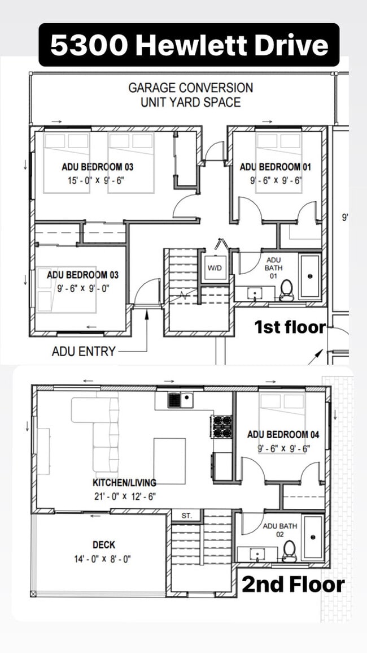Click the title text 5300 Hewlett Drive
pos(189,45)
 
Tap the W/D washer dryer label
pos(215,268)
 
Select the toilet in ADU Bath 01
pos(287,289)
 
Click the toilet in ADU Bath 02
pos(290,550)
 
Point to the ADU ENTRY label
pos(84,351)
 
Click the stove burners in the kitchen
pos(221,426)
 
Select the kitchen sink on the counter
pos(180,400)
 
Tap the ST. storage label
pos(187,516)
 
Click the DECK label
pos(104,544)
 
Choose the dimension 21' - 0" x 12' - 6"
pos(124,496)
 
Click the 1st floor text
pos(290,327)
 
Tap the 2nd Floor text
pos(292,585)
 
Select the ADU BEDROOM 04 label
pos(283,434)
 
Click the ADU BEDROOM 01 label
pos(275,167)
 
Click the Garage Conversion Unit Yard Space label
pos(190,95)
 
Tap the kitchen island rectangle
pos(169,461)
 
